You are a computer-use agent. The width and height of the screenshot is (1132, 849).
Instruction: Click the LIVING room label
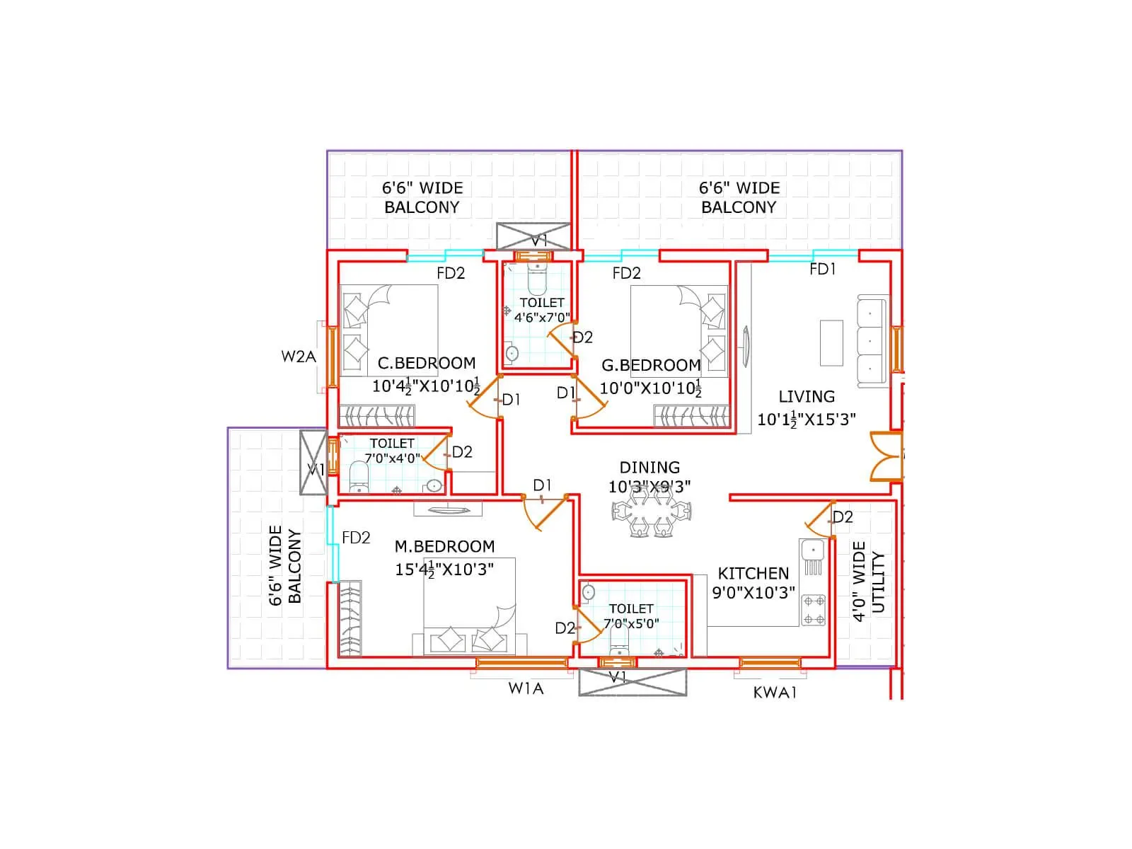tap(807, 397)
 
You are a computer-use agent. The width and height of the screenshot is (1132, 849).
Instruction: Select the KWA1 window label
tap(775, 693)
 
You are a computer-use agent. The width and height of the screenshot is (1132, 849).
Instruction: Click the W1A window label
tap(526, 688)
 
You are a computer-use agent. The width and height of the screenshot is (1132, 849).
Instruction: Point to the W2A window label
tap(299, 357)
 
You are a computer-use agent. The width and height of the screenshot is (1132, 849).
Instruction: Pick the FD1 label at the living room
tap(823, 270)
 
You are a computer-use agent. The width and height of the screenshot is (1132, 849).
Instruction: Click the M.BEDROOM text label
tap(444, 546)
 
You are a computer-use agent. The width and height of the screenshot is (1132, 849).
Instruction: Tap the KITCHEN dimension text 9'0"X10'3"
tap(753, 593)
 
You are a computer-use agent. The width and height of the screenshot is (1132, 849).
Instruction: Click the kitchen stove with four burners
tap(813, 610)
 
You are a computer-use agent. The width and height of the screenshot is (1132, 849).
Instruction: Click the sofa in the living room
tap(872, 341)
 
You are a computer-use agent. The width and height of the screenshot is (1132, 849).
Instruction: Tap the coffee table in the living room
tap(831, 342)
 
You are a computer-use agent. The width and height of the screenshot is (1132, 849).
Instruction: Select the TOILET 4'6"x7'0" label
tap(542, 311)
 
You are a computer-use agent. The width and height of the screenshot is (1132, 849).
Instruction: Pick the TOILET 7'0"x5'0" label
tap(631, 616)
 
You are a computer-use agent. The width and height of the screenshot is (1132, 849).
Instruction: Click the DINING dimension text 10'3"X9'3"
tap(649, 487)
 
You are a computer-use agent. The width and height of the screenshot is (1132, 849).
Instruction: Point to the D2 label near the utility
tap(843, 517)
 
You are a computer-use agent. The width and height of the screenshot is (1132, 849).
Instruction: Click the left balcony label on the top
tap(422, 197)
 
